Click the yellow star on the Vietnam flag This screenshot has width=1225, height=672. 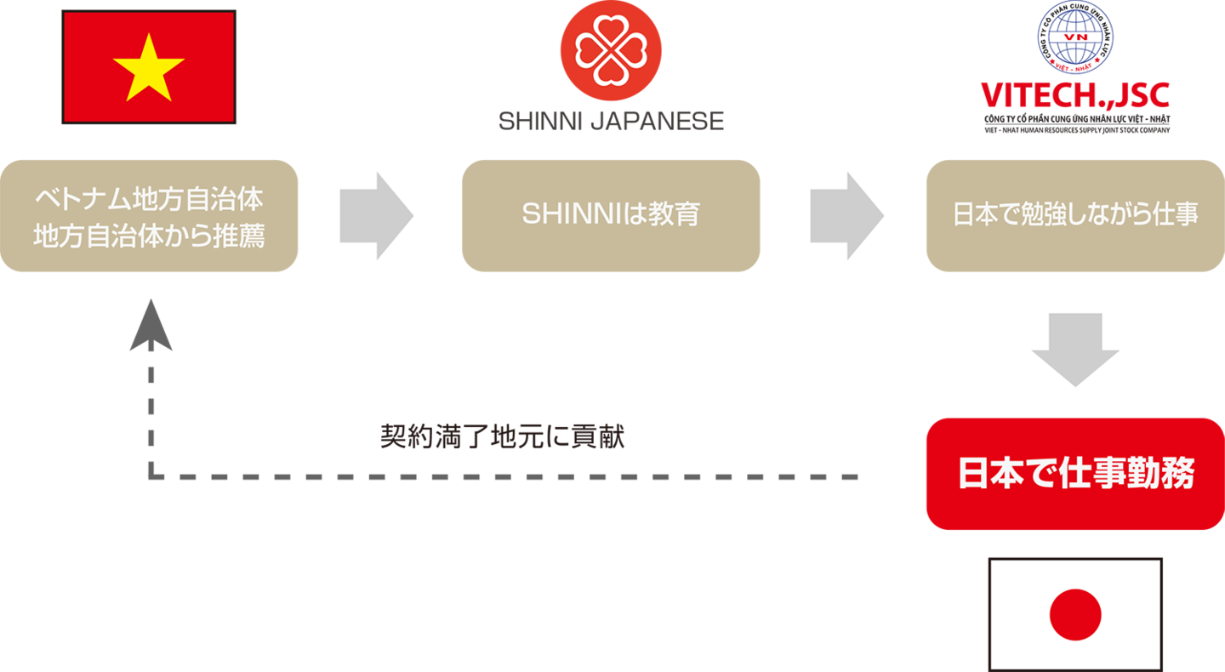click(148, 67)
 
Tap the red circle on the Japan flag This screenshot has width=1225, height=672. click(1075, 614)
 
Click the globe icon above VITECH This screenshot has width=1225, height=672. click(1074, 37)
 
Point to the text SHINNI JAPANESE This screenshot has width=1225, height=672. click(610, 122)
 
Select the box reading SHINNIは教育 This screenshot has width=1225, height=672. click(610, 215)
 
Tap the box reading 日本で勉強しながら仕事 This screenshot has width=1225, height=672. click(1074, 215)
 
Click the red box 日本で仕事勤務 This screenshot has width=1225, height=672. click(1074, 474)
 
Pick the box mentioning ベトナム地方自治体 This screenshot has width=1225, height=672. click(149, 215)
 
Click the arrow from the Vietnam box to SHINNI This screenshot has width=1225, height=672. click(375, 215)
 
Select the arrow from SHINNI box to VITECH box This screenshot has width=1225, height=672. click(846, 215)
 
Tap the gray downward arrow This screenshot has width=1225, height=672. click(1074, 349)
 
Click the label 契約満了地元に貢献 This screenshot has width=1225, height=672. click(502, 436)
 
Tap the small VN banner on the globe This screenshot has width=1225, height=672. click(1075, 38)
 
